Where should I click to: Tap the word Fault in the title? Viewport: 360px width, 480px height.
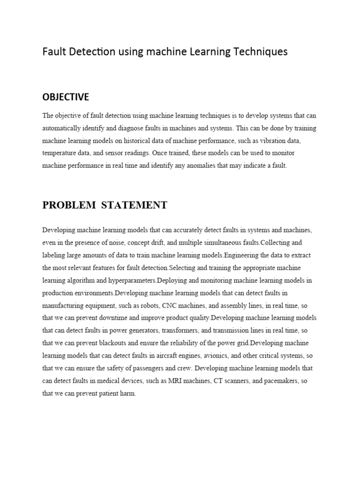53,52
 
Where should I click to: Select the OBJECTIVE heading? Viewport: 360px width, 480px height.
66,97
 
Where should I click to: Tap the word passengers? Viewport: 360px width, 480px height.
153,369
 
